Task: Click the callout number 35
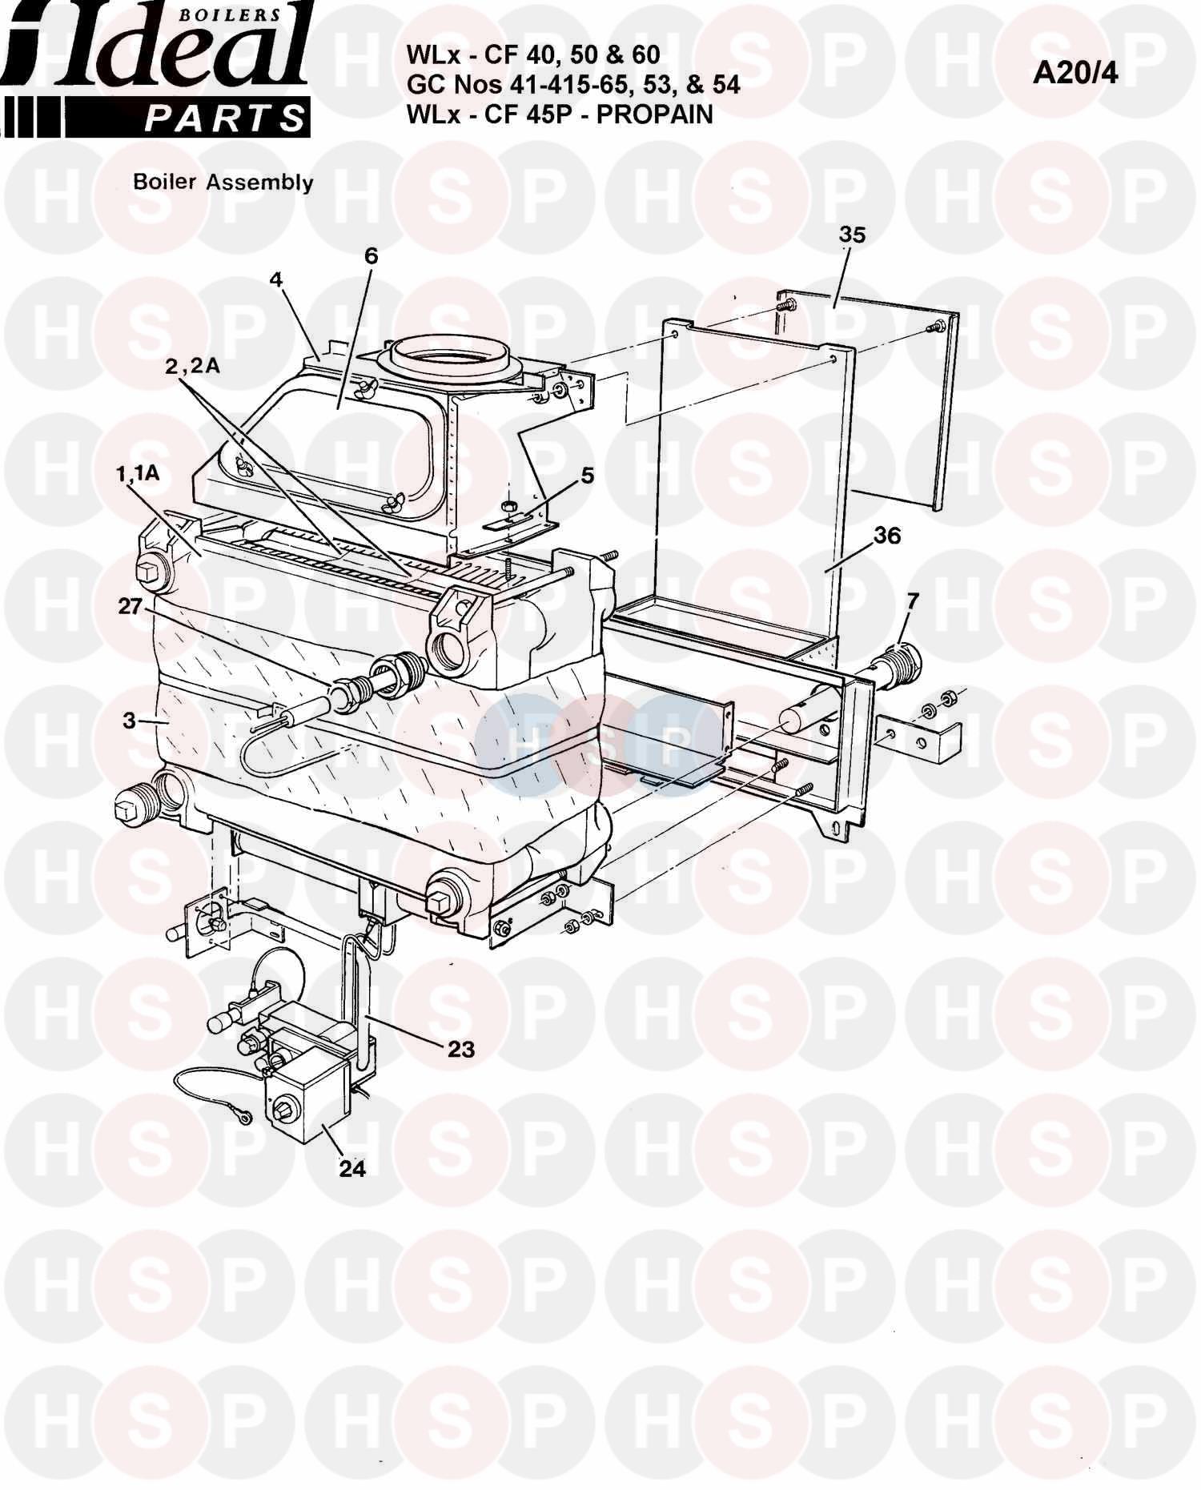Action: [852, 235]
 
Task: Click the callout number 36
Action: [886, 536]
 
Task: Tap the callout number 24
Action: [352, 1169]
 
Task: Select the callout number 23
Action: [461, 1048]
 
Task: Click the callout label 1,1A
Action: [137, 473]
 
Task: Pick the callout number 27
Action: [130, 606]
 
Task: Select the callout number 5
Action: [588, 475]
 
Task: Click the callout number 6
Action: [370, 255]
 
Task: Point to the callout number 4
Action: [275, 279]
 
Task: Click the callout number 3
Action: [129, 720]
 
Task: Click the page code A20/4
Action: [1074, 73]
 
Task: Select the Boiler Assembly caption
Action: [223, 182]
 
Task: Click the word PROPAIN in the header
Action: [654, 114]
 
